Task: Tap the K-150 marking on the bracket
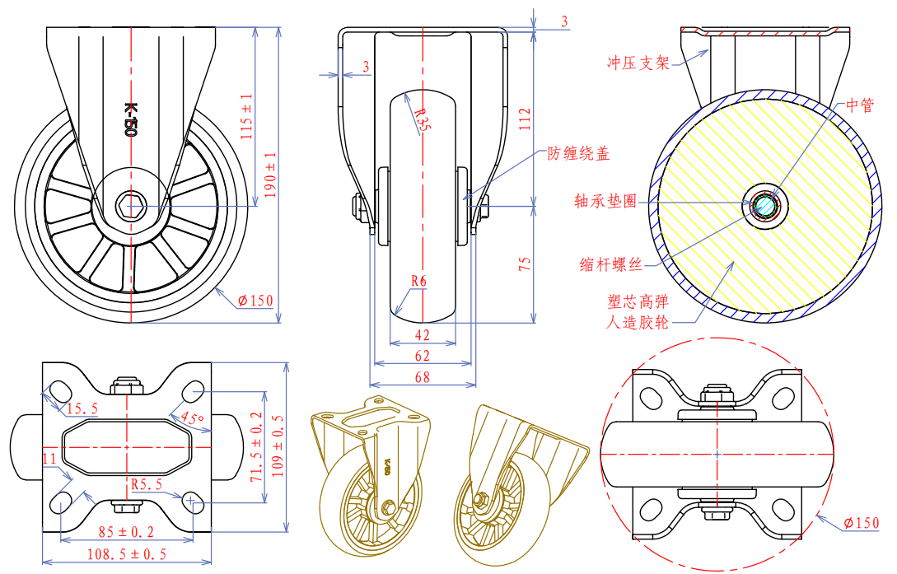(129, 118)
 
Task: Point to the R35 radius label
(421, 120)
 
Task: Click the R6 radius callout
(418, 281)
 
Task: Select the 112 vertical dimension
(525, 120)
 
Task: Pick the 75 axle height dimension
(525, 264)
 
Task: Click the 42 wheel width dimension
(422, 335)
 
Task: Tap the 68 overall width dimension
(422, 378)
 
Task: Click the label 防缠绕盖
(578, 153)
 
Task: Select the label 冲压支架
(638, 63)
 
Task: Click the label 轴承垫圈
(605, 200)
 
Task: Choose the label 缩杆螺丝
(610, 264)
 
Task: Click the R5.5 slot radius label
(145, 484)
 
